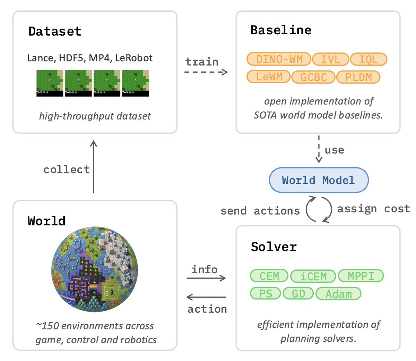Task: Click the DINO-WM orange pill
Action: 279,59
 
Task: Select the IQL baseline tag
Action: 369,59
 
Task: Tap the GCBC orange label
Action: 313,77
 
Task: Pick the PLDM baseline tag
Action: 358,77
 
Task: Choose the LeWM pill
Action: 269,77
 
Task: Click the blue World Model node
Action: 319,180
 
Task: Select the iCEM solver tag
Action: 313,276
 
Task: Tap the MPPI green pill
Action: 361,276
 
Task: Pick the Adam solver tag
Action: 339,293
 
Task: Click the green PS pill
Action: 265,293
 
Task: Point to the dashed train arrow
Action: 206,72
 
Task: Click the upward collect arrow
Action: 94,166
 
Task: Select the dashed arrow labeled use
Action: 319,149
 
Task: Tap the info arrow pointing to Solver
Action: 206,278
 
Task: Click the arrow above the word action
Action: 206,297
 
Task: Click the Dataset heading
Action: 55,31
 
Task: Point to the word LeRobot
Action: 133,58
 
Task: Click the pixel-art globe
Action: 95,269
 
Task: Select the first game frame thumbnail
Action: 50,83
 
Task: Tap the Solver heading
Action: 274,247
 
